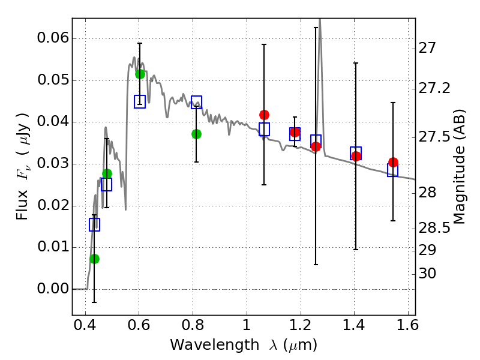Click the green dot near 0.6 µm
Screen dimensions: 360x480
click(140, 74)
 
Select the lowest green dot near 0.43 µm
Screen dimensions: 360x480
click(94, 259)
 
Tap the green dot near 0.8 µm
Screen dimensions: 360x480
click(196, 134)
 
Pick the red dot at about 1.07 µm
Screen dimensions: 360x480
click(264, 115)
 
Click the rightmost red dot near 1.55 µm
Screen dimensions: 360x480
click(393, 163)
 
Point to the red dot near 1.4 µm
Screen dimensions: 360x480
click(356, 156)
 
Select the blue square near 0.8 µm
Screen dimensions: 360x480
click(196, 102)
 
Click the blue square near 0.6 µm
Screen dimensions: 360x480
click(140, 101)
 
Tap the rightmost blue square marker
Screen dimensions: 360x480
click(393, 170)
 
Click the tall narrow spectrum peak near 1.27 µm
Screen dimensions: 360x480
click(319, 24)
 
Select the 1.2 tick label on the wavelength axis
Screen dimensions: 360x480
click(300, 328)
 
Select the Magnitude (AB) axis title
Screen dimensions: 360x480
click(460, 167)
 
